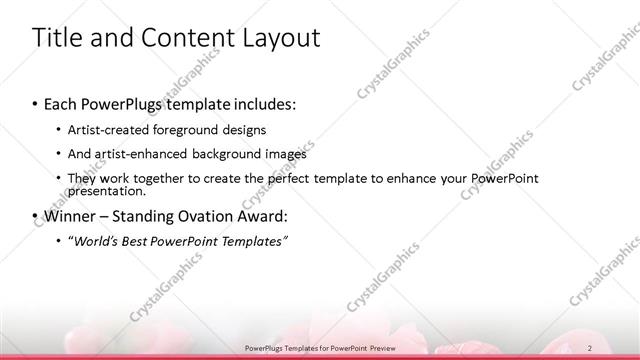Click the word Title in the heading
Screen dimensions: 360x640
click(59, 38)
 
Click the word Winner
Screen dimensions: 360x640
click(69, 216)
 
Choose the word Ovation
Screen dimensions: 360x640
click(219, 216)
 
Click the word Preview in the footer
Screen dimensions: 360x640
click(384, 347)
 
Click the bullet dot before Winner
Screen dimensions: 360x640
click(36, 216)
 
